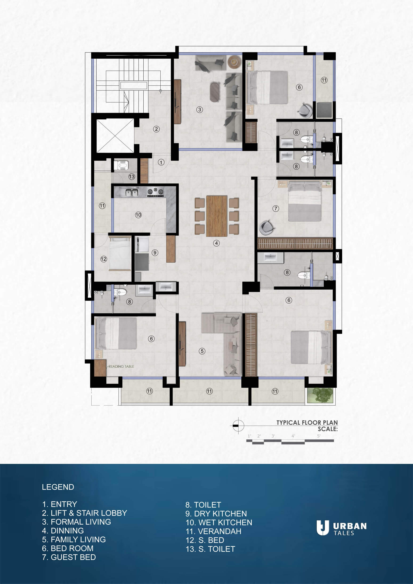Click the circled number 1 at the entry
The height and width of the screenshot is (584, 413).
[x=161, y=162]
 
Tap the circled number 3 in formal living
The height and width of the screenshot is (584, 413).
[x=200, y=110]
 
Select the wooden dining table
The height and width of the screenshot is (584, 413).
[x=217, y=216]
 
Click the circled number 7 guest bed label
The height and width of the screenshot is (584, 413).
[x=276, y=209]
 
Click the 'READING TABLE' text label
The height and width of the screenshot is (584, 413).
[x=121, y=366]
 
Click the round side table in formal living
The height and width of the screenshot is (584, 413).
[x=234, y=62]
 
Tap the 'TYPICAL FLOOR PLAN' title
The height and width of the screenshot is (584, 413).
[x=307, y=423]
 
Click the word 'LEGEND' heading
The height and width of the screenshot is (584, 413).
[x=58, y=487]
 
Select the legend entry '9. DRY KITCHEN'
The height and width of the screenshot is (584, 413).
[x=216, y=514]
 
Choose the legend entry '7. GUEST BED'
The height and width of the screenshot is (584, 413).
[x=69, y=557]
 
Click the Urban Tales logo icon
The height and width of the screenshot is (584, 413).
[x=323, y=528]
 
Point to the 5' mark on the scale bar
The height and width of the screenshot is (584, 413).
[x=319, y=436]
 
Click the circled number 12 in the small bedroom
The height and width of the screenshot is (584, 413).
[x=104, y=259]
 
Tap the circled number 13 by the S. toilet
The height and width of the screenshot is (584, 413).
[x=131, y=177]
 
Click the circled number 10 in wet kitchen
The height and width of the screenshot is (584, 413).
[x=138, y=215]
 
